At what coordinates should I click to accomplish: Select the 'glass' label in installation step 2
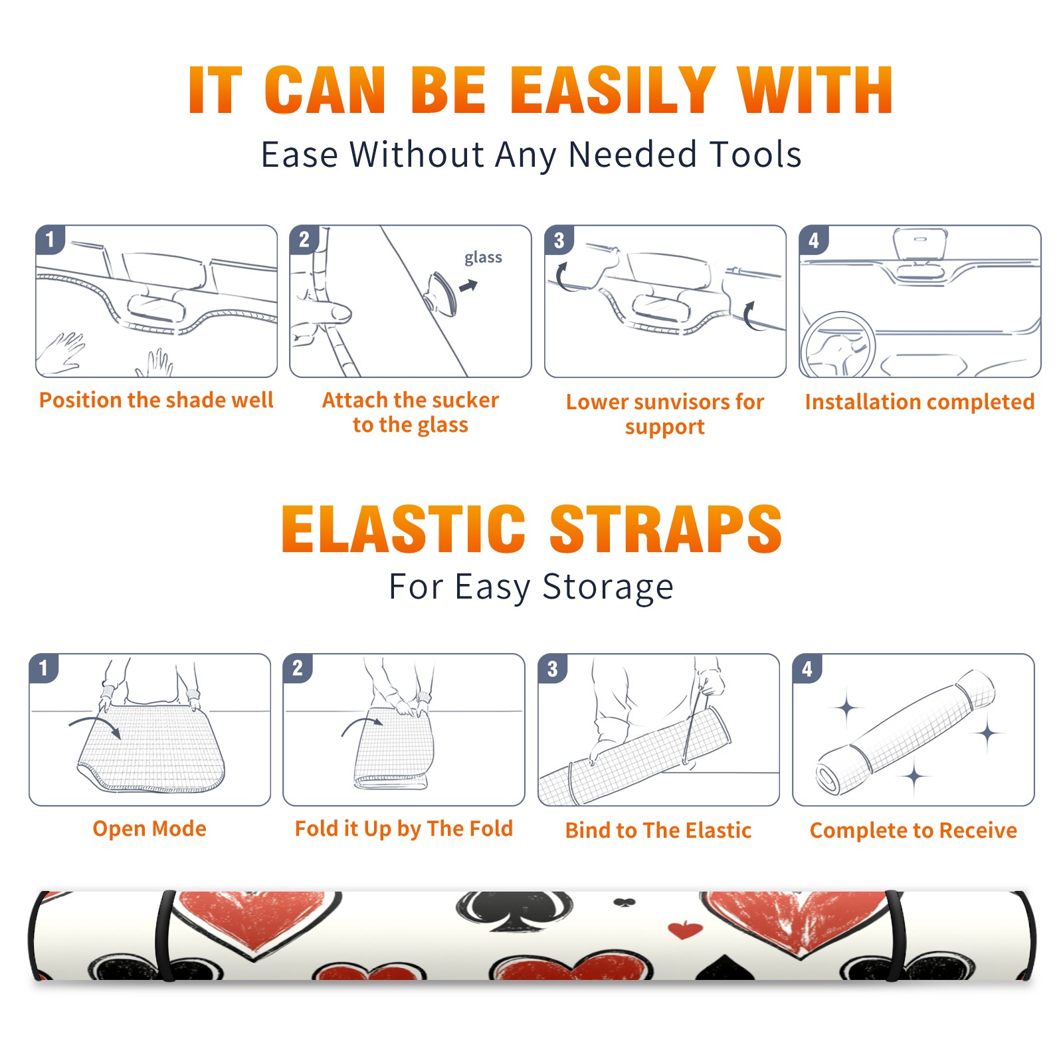(483, 257)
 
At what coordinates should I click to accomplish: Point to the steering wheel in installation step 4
(838, 345)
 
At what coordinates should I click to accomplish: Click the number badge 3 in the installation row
(559, 240)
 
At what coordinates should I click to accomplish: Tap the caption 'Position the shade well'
(156, 400)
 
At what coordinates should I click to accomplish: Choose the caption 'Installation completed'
(919, 401)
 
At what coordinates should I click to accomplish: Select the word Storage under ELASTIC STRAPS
(608, 587)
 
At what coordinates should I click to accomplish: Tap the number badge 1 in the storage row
(44, 668)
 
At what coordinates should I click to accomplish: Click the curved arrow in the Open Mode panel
(95, 724)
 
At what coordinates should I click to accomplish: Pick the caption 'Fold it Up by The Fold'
(404, 828)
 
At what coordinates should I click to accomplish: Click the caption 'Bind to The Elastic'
(658, 830)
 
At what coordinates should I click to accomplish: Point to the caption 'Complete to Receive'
(914, 830)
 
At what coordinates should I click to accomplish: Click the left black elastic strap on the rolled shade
(165, 935)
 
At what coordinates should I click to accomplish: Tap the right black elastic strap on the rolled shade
(894, 935)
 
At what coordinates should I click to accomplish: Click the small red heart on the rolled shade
(685, 929)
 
